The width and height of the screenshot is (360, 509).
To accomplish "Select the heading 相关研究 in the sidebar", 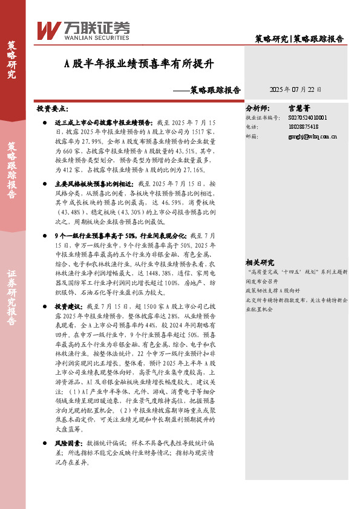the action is click(x=260, y=262).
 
